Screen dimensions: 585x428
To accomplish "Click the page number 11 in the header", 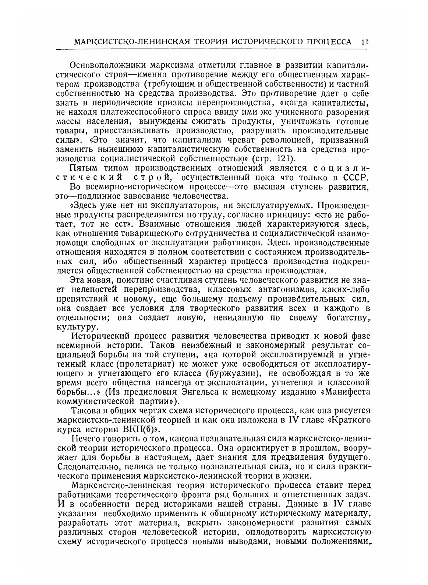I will coord(365,42).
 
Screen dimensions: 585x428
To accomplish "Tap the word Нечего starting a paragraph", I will coord(88,439).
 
